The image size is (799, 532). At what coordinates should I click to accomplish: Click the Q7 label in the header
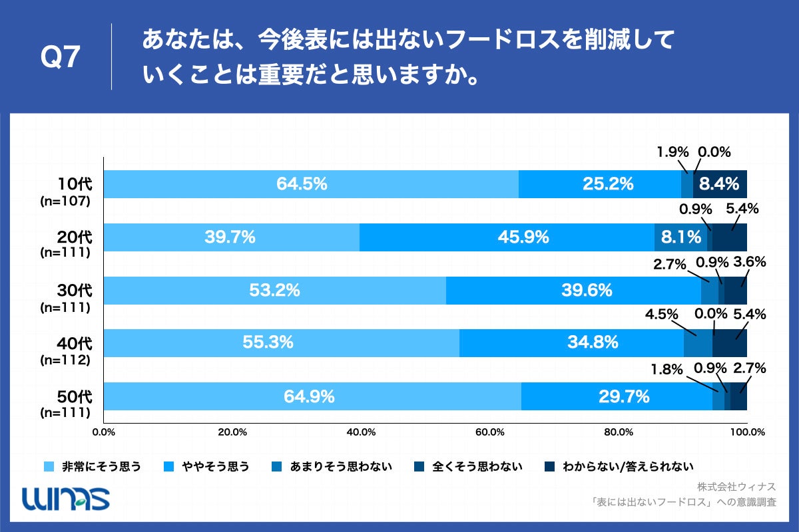(61, 58)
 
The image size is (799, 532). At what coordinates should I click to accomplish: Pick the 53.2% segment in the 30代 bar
(274, 291)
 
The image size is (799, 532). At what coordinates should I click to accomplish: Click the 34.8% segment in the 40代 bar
(593, 343)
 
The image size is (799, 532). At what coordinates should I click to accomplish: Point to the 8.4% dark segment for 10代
(721, 184)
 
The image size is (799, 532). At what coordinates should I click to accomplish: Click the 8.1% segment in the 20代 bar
(681, 237)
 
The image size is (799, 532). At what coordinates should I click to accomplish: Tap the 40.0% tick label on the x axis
(361, 432)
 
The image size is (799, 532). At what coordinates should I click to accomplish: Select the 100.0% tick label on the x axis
(746, 432)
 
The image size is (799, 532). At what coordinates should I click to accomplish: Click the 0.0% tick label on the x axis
(104, 432)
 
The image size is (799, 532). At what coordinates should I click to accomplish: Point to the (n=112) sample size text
(65, 360)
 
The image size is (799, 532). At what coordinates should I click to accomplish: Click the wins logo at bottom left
(66, 498)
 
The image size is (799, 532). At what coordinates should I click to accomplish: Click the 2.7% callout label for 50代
(749, 368)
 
